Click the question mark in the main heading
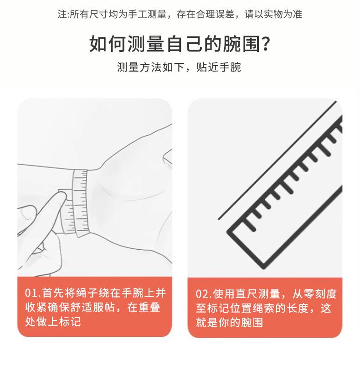tap(266, 44)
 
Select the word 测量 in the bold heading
tap(146, 44)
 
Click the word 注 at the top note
tap(62, 14)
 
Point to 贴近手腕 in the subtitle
tap(219, 67)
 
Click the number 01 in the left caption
tap(31, 293)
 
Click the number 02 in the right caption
tap(202, 294)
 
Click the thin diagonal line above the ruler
tap(277, 160)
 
